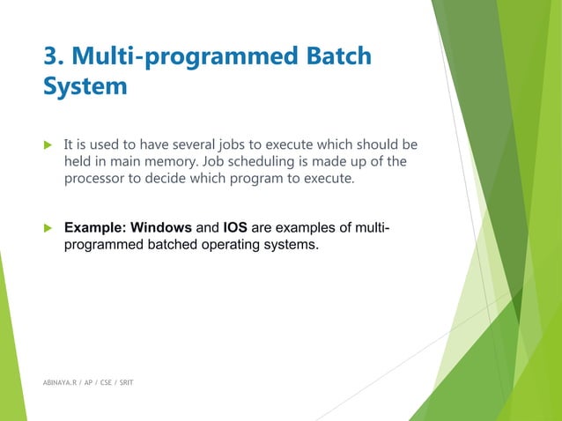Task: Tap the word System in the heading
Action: (x=85, y=88)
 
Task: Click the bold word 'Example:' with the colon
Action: (x=96, y=228)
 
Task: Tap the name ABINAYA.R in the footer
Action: (x=62, y=385)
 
